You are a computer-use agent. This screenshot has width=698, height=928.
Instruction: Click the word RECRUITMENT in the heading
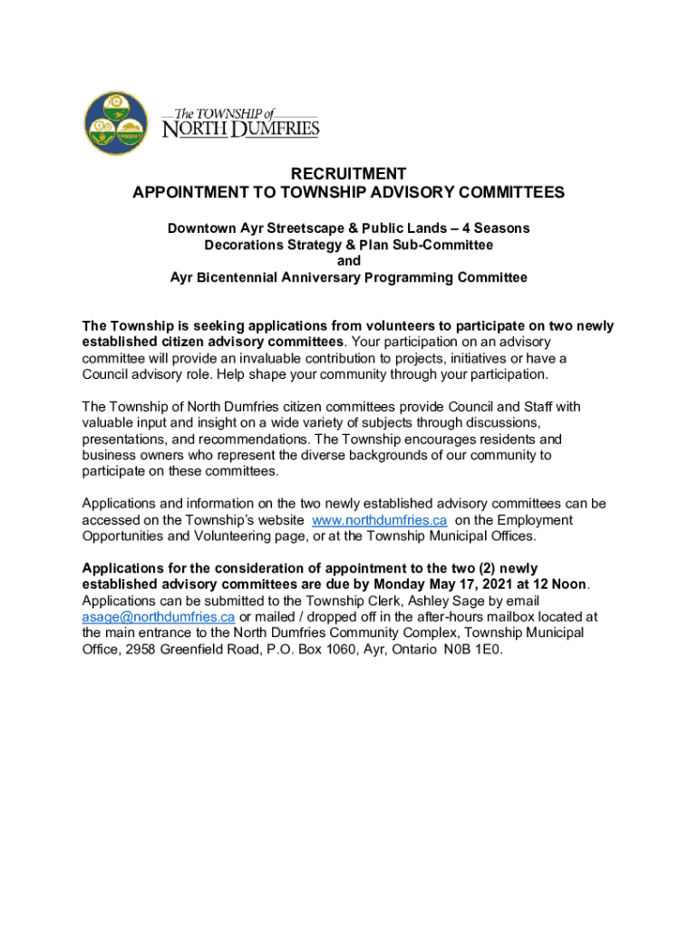(x=348, y=174)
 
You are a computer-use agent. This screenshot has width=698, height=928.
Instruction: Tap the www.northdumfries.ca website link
(x=379, y=520)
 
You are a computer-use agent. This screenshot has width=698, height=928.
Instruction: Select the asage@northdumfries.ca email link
(x=159, y=617)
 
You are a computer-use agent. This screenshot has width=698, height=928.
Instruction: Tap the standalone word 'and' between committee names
(x=348, y=261)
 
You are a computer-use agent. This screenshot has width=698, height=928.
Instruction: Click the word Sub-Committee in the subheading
(x=444, y=245)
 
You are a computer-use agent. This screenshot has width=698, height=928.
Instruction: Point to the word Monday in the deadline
(x=399, y=585)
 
